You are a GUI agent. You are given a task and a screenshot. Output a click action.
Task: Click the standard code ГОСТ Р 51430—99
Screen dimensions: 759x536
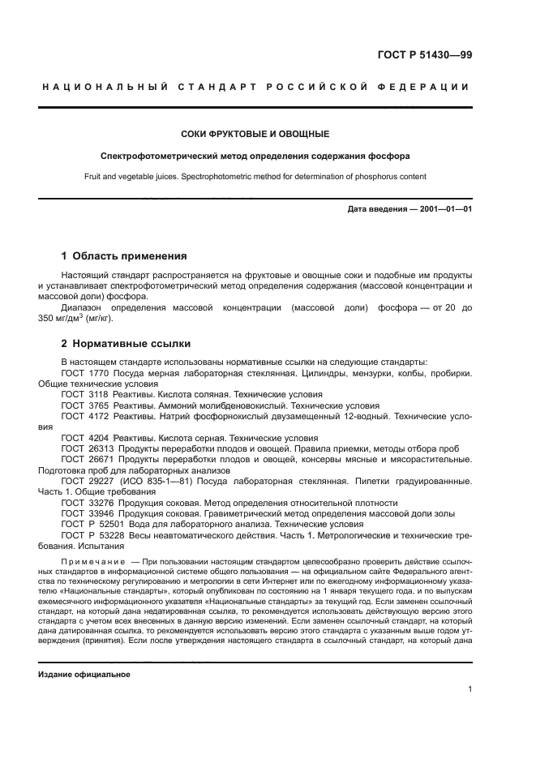(431, 55)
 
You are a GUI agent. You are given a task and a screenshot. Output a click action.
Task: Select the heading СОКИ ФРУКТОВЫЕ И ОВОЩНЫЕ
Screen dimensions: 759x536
(255, 134)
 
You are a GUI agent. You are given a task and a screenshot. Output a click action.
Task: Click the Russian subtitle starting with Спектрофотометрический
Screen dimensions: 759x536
(255, 156)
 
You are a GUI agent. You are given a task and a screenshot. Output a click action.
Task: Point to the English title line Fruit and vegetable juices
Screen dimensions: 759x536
(255, 176)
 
